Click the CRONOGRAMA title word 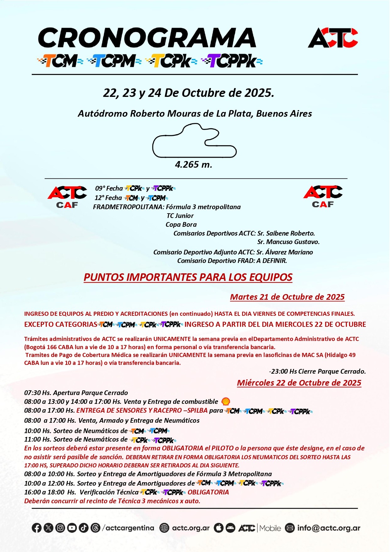pos(147,38)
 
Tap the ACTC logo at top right pos(333,38)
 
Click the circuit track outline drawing pos(194,141)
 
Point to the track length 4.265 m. pos(194,164)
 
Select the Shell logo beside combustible pos(226,401)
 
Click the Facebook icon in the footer pos(36,528)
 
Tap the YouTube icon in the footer pos(72,528)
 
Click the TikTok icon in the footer pos(83,528)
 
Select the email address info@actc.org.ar pos(329,528)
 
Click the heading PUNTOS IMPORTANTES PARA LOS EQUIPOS pos(188,277)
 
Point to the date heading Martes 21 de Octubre pos(287,297)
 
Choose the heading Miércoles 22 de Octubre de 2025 pos(299,383)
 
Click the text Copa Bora pos(181,225)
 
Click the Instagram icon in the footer pos(60,528)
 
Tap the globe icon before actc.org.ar pos(164,528)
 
